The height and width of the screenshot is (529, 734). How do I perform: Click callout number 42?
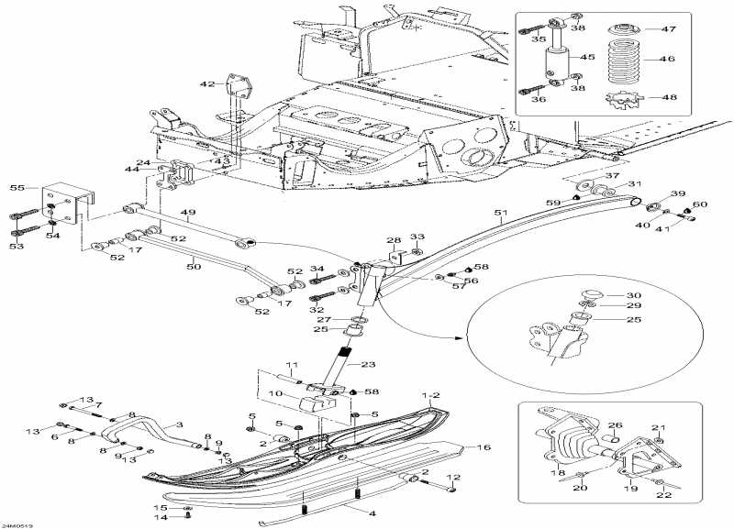207,84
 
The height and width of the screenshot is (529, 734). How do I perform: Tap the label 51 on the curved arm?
499,217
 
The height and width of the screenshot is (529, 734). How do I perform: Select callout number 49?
189,214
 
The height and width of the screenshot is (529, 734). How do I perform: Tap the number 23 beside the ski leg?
368,365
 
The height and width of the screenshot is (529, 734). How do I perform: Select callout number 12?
452,478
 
